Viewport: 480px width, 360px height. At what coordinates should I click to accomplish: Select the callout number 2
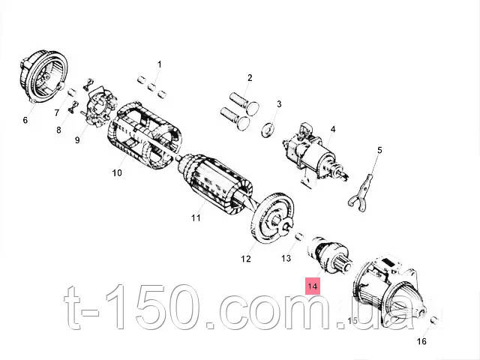click(x=250, y=77)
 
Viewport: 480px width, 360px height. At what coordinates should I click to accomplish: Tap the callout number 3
click(x=279, y=104)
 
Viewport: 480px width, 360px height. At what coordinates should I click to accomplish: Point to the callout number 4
click(x=332, y=130)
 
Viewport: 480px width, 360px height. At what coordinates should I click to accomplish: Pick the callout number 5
click(x=379, y=150)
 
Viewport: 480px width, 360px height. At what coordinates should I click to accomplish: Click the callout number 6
click(x=25, y=119)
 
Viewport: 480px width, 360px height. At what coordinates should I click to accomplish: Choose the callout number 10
click(x=117, y=173)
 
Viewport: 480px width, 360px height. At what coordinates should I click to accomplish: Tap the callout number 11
click(x=196, y=218)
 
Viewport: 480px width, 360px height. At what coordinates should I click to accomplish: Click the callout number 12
click(x=245, y=259)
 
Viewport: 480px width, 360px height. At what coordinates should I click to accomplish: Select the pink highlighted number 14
click(x=311, y=286)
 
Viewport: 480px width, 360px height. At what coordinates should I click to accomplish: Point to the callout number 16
click(x=421, y=341)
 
